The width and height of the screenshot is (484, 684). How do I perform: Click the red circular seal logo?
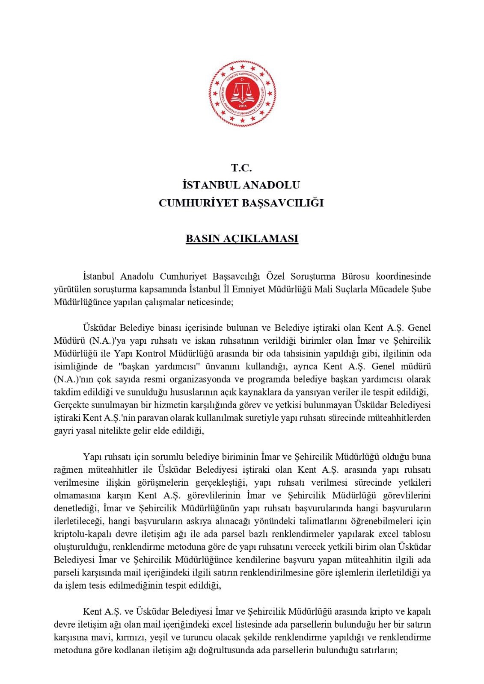pyautogui.click(x=242, y=93)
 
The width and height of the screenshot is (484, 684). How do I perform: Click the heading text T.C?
pyautogui.click(x=242, y=168)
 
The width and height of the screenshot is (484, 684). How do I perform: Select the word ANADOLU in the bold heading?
pyautogui.click(x=271, y=185)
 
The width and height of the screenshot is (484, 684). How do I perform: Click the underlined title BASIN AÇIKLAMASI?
pyautogui.click(x=242, y=239)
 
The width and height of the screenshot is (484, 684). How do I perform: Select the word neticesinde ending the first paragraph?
pyautogui.click(x=209, y=302)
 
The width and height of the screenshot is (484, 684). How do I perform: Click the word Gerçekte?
pyautogui.click(x=71, y=405)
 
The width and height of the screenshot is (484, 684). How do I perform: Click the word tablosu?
pyautogui.click(x=415, y=534)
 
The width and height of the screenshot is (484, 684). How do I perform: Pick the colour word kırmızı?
pyautogui.click(x=131, y=637)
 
